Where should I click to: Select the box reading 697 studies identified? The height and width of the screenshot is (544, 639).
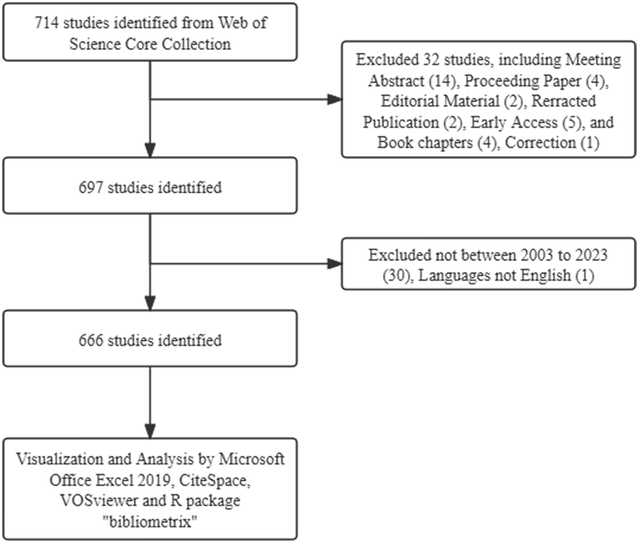pos(150,188)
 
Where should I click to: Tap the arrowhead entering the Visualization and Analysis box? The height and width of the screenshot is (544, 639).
pos(150,431)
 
